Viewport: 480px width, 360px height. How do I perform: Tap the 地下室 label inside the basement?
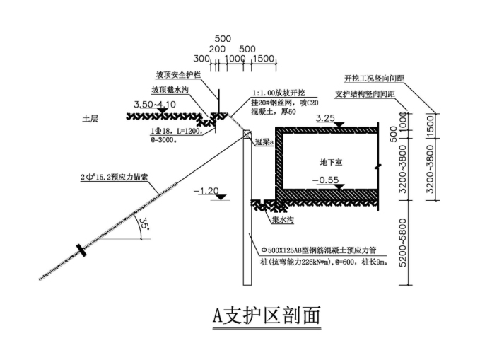pos(331,162)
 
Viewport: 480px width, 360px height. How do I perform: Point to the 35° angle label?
pos(144,226)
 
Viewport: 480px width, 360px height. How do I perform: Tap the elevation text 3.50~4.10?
pos(155,105)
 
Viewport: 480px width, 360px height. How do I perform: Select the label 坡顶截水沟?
pos(170,90)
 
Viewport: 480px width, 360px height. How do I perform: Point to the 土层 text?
pos(90,118)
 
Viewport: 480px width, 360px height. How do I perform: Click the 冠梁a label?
pos(264,141)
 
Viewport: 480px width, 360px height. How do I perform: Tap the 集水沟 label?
pos(281,219)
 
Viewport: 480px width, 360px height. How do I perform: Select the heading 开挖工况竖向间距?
pos(373,78)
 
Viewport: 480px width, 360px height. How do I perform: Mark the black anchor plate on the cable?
pos(83,250)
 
